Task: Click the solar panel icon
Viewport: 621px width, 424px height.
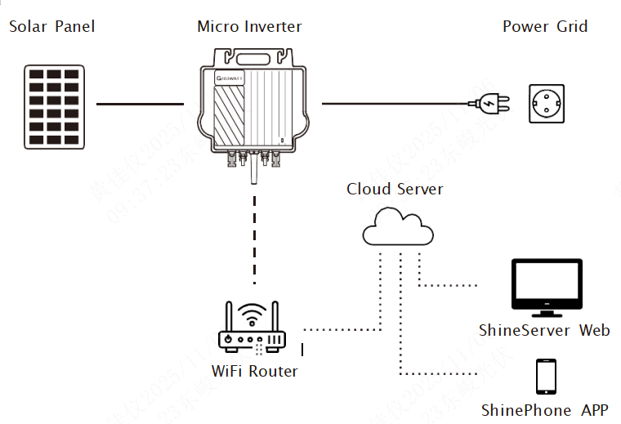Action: pos(55,106)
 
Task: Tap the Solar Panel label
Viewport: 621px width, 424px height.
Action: pos(51,26)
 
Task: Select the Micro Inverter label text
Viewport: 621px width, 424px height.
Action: pos(249,26)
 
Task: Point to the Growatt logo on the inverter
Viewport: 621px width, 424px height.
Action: pos(231,78)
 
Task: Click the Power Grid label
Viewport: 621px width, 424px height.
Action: pos(545,26)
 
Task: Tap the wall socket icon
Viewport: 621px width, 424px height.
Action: pos(547,104)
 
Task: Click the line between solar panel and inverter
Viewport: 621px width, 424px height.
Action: pos(140,105)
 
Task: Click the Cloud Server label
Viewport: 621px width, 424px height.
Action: pos(395,190)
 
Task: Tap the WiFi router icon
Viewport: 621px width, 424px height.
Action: pos(252,331)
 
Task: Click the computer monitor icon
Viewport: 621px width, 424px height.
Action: pos(547,286)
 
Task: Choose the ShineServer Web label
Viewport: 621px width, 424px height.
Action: pos(544,331)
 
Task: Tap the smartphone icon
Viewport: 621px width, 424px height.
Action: pos(546,377)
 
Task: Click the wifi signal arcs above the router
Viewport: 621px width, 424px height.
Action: pos(253,312)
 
